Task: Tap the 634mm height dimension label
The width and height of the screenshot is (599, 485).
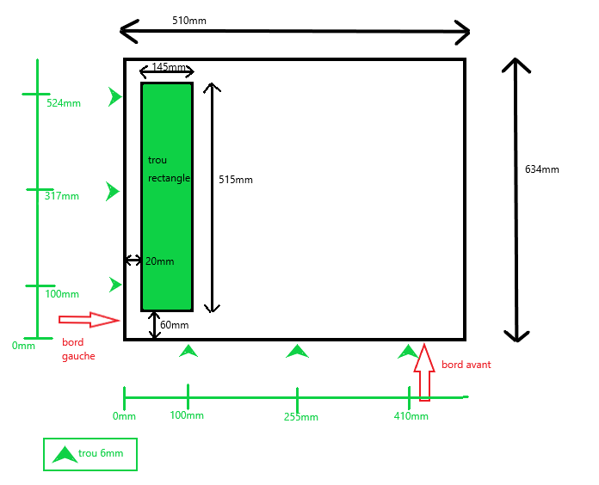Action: point(542,169)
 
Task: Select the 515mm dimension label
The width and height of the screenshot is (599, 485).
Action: point(236,180)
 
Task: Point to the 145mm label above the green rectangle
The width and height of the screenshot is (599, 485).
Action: point(169,67)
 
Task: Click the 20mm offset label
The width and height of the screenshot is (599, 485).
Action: point(159,261)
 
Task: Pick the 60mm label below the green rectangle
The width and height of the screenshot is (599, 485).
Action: point(174,325)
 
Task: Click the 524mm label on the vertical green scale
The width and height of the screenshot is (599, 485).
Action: point(64,103)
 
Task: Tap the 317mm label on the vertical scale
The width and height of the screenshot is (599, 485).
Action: point(61,196)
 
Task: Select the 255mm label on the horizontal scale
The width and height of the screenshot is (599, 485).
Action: point(300,417)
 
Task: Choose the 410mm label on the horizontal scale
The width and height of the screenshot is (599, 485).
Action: point(411,416)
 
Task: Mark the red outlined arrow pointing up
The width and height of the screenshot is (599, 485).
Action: point(424,372)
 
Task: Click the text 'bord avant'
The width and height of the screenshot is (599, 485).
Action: point(466,365)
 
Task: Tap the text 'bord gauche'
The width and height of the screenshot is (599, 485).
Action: point(78,349)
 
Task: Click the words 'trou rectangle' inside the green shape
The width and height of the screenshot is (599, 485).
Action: point(168,169)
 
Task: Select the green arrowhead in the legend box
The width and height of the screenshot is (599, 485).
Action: point(64,455)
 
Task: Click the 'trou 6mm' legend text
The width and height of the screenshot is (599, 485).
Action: point(101,453)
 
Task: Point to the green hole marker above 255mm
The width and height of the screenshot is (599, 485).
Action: point(297,351)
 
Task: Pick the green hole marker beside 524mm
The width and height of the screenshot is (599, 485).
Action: point(115,97)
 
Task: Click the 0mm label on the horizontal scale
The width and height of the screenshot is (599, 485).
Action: point(124,416)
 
